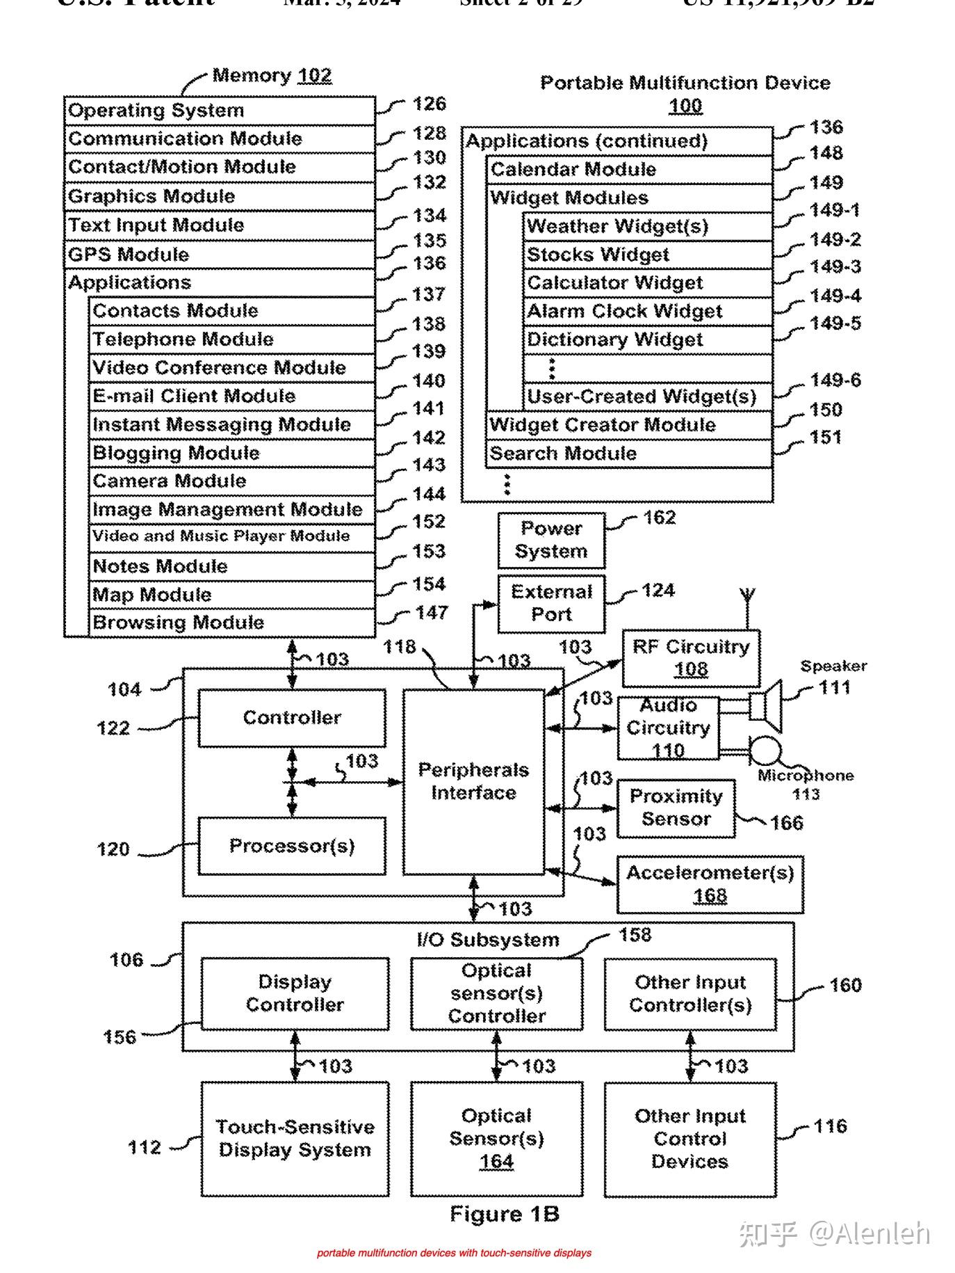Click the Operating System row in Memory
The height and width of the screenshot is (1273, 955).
click(219, 111)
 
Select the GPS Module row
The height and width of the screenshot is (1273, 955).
click(219, 255)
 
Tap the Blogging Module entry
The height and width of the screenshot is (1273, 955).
click(231, 454)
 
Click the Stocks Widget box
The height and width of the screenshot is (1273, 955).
click(647, 255)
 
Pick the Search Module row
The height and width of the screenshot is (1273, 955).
click(628, 454)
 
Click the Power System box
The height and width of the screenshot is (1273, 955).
click(551, 541)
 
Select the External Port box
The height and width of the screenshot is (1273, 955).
click(551, 603)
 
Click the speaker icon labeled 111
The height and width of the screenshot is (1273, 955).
click(767, 707)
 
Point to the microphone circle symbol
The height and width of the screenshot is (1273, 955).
click(766, 752)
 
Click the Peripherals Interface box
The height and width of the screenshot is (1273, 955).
click(473, 782)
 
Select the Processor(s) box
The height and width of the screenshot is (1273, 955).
click(292, 846)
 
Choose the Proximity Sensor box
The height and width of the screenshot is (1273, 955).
click(676, 808)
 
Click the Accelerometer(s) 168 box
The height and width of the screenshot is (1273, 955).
click(710, 884)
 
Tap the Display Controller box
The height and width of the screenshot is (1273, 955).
click(295, 993)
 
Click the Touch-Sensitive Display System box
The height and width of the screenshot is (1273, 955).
click(295, 1139)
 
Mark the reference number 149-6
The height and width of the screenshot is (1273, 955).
click(835, 381)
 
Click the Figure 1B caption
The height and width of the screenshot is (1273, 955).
click(505, 1215)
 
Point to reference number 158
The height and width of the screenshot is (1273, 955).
click(635, 935)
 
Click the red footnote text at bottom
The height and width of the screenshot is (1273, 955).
click(454, 1253)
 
